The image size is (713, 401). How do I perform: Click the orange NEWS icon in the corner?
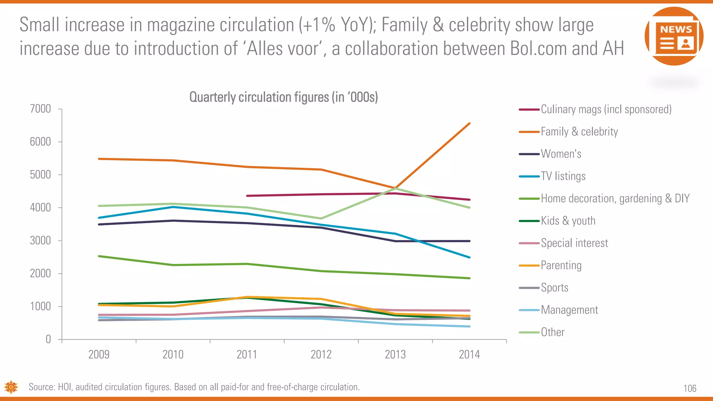pyautogui.click(x=674, y=36)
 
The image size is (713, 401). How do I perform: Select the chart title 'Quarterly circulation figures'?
pyautogui.click(x=283, y=97)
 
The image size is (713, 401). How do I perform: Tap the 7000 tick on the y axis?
pyautogui.click(x=40, y=109)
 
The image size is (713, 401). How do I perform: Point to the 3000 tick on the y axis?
pyautogui.click(x=40, y=241)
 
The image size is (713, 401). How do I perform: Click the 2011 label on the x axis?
pyautogui.click(x=247, y=354)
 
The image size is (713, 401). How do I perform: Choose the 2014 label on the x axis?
pyautogui.click(x=469, y=354)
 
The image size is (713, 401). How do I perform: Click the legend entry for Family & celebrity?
pyautogui.click(x=579, y=132)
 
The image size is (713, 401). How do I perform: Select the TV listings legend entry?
pyautogui.click(x=563, y=176)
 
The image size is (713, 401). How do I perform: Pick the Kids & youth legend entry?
pyautogui.click(x=568, y=221)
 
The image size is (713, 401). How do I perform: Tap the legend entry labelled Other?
pyautogui.click(x=553, y=332)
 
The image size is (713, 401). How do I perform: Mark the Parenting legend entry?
pyautogui.click(x=561, y=265)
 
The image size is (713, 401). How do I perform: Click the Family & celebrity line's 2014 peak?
pyautogui.click(x=469, y=124)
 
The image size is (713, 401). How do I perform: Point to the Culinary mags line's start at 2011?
pyautogui.click(x=247, y=196)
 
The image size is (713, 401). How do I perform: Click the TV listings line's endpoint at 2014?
pyautogui.click(x=469, y=257)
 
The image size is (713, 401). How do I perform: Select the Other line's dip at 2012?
pyautogui.click(x=321, y=219)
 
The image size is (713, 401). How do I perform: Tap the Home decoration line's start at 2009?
pyautogui.click(x=99, y=256)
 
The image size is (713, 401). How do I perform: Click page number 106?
pyautogui.click(x=690, y=388)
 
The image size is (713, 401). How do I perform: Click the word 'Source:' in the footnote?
pyautogui.click(x=42, y=387)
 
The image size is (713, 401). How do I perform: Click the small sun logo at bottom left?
pyautogui.click(x=11, y=387)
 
